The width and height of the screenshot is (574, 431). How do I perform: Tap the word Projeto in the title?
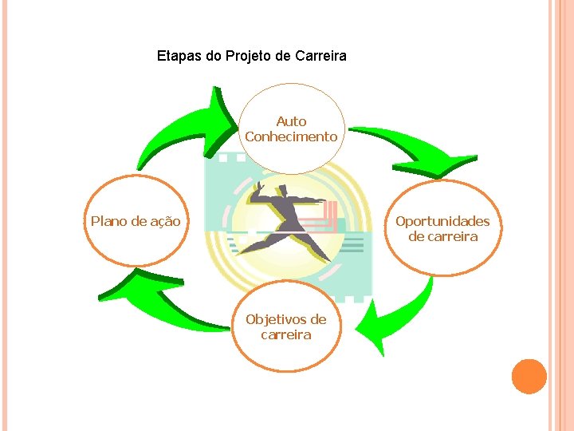point(247,57)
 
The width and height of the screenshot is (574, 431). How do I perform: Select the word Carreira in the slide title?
point(320,57)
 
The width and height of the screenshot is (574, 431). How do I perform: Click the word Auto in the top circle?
point(291,121)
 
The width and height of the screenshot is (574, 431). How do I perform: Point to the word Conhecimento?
point(291,136)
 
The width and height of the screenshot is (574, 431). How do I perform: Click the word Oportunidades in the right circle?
point(442,221)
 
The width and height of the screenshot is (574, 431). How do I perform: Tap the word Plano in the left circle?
point(108,221)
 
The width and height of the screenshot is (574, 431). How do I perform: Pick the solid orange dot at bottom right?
point(529,377)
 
